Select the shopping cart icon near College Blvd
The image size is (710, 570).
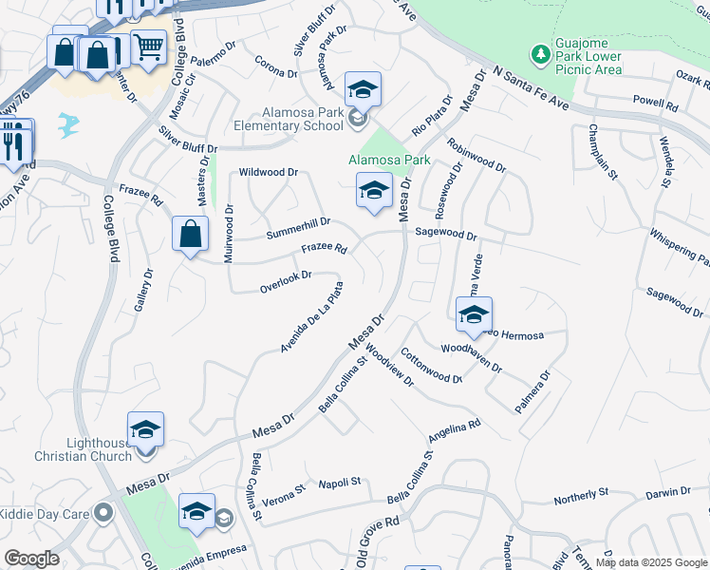click(148, 46)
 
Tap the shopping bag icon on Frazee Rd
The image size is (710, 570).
click(191, 233)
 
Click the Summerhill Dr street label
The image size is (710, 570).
click(298, 227)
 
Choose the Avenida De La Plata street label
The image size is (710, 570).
click(311, 316)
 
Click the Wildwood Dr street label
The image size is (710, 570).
click(269, 173)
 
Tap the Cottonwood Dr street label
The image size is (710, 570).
click(430, 365)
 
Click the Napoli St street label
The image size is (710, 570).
click(340, 483)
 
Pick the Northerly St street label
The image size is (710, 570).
click(581, 495)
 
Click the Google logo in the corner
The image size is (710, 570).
click(31, 559)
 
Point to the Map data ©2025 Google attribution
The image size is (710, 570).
click(652, 562)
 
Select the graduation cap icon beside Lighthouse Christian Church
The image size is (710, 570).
click(146, 429)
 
